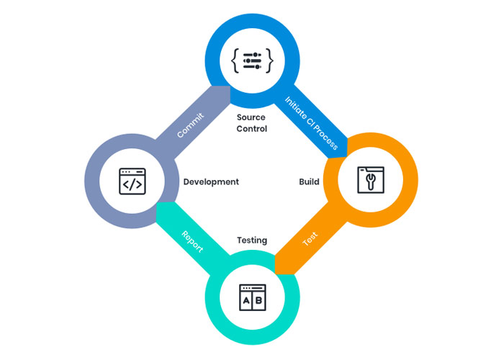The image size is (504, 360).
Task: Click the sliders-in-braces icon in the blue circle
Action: click(x=252, y=60)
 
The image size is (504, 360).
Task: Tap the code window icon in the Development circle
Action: click(x=132, y=182)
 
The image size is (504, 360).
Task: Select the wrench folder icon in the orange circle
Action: click(x=371, y=180)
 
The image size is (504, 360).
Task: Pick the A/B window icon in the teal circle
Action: click(x=252, y=298)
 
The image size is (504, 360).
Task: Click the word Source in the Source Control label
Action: click(x=251, y=117)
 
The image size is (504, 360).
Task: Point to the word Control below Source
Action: click(x=251, y=129)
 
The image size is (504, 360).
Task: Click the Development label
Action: click(x=211, y=182)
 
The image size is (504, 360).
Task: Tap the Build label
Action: click(x=309, y=182)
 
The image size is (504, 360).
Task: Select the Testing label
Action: click(x=252, y=240)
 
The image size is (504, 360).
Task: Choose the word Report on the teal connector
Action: click(x=192, y=241)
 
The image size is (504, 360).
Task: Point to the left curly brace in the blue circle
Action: click(x=235, y=60)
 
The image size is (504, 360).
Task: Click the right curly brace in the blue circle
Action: click(x=269, y=60)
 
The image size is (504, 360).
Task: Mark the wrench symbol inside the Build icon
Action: click(x=370, y=182)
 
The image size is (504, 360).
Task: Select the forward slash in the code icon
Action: click(x=132, y=185)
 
